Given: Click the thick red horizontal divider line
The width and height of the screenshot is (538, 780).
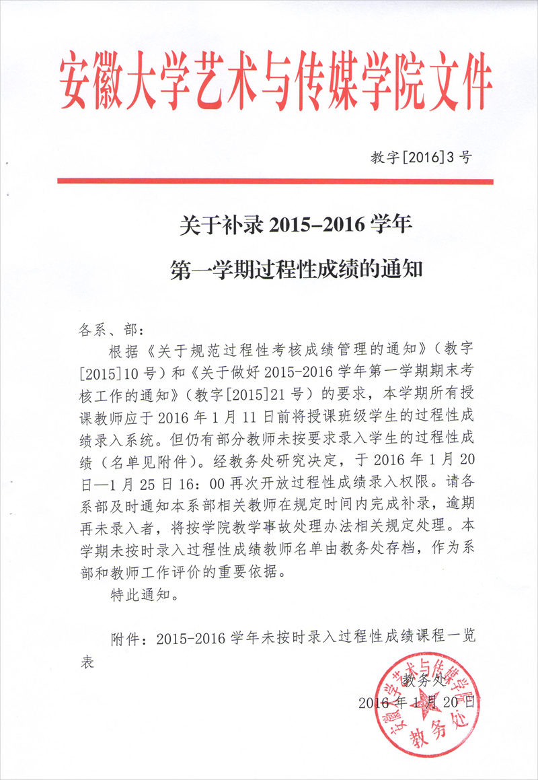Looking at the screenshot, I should (x=275, y=181).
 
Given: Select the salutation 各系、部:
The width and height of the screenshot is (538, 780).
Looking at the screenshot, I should (x=112, y=330).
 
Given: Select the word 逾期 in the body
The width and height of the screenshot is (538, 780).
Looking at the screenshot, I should (x=460, y=493).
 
